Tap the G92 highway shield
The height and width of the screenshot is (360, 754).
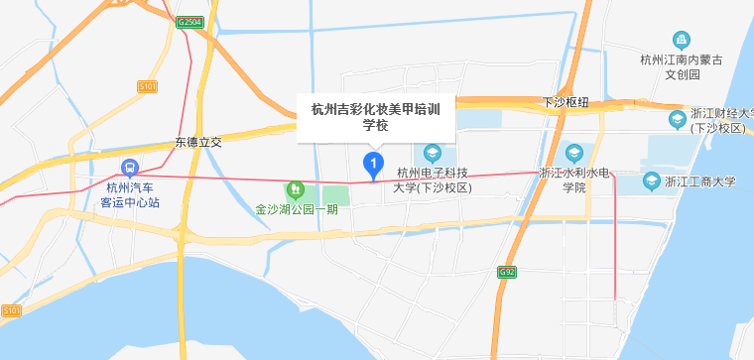507,271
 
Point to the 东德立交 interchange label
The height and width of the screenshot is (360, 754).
198,143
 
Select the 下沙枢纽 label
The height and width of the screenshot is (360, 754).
566,103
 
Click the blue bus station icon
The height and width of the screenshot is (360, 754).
129,168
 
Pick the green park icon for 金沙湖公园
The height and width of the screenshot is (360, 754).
294,188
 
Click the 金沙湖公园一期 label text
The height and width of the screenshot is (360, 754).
297,209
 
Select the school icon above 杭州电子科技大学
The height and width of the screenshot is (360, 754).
433,154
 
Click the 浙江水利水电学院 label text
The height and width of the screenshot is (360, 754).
575,180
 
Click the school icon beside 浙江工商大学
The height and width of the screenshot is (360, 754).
651,180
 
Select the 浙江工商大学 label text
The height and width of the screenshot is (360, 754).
700,181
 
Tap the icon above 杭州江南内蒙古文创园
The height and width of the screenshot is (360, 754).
681,41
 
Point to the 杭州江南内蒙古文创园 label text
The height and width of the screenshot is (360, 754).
682,66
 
